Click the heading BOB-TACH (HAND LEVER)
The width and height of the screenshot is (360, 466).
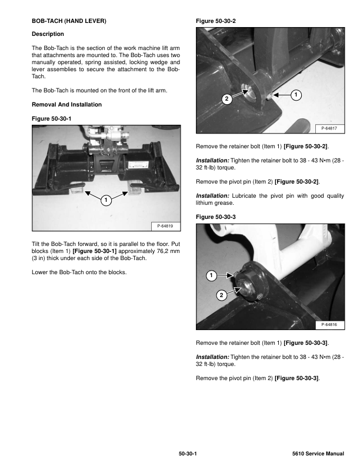pyautogui.click(x=69, y=21)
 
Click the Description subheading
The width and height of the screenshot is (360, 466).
pyautogui.click(x=48, y=34)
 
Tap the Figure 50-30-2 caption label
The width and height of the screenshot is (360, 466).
pyautogui.click(x=218, y=21)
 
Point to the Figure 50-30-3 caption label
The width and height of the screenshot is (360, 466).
pyautogui.click(x=218, y=217)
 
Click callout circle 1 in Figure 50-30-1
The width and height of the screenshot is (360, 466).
pyautogui.click(x=105, y=201)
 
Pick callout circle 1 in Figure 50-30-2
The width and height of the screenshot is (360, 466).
pyautogui.click(x=296, y=95)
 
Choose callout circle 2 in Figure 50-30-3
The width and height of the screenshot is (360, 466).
pyautogui.click(x=221, y=294)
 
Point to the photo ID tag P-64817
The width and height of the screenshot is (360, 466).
pyautogui.click(x=332, y=128)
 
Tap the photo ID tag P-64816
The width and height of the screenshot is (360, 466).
pyautogui.click(x=332, y=324)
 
